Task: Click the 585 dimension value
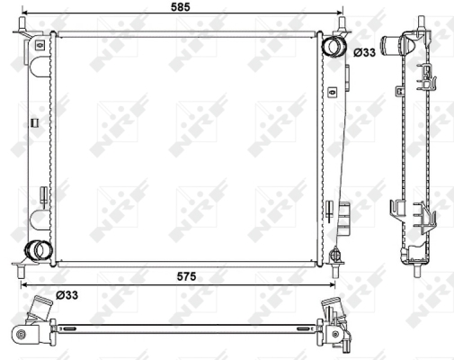[x=181, y=6]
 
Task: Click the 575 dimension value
[x=186, y=276]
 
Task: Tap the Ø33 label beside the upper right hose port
[x=364, y=52]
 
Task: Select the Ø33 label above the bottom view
[x=67, y=295]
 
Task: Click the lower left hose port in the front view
[x=39, y=250]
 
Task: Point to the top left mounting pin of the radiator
[x=22, y=23]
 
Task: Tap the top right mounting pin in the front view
[x=343, y=23]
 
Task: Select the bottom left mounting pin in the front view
[x=21, y=271]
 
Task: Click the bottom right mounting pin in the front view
[x=335, y=271]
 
